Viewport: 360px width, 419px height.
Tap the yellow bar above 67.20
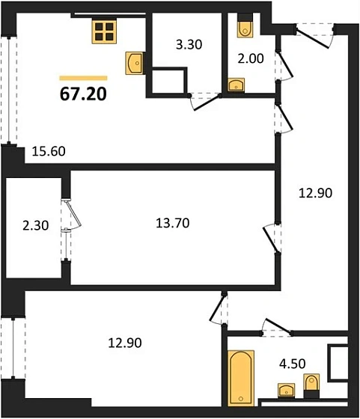tap(82, 77)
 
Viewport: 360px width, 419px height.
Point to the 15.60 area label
tap(49, 150)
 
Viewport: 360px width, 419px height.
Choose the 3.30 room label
tap(187, 45)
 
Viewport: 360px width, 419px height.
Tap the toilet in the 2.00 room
tap(243, 28)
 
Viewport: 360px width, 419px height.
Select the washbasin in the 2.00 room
tap(237, 85)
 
